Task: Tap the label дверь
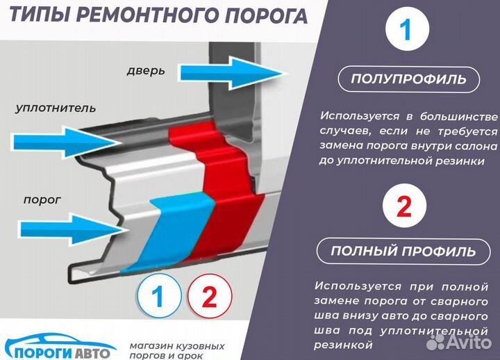(x=145, y=71)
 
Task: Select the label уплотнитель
(x=56, y=108)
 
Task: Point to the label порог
(x=42, y=199)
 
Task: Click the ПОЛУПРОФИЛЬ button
(x=408, y=79)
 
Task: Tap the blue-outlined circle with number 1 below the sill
(x=158, y=297)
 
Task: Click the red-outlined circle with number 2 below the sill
(x=209, y=297)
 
